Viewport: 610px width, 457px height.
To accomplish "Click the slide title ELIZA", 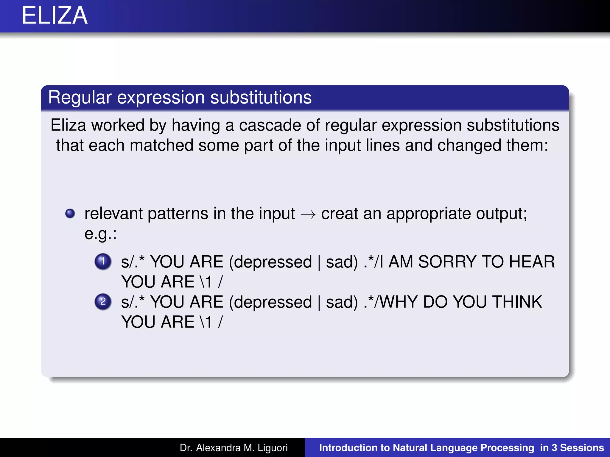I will pos(55,15).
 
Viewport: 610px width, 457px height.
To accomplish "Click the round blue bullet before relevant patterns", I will pos(70,213).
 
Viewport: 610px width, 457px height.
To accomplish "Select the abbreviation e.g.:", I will pos(100,234).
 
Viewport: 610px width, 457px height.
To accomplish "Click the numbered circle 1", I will pos(103,262).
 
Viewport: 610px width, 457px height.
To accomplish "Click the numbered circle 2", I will pos(103,302).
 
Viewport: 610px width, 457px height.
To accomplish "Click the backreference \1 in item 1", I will pos(206,282).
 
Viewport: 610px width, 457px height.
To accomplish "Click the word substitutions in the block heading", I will pos(261,98).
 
